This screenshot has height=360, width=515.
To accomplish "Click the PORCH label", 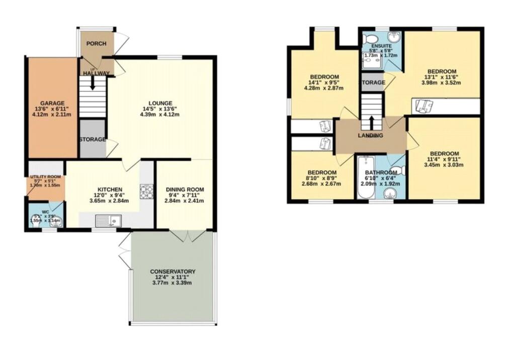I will pos(96,44).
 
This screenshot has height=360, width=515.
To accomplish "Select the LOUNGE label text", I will pos(160,103).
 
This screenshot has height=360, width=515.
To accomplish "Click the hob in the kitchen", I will pos(147,192).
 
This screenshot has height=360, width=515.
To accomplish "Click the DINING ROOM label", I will pos(185,190).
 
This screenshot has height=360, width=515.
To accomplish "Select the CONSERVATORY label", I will pos(173,272).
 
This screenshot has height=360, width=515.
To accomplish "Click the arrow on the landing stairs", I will pos(371,122).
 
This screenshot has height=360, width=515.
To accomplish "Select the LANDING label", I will pos(371,136).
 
